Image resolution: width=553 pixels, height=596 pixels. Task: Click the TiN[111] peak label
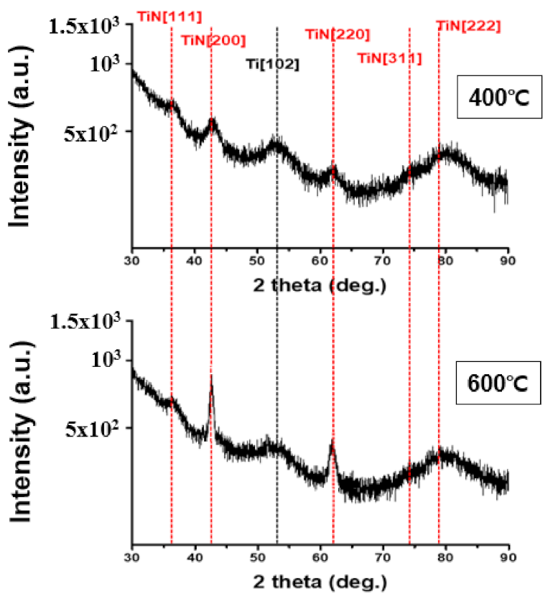169,15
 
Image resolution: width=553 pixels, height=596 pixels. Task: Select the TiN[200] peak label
213,39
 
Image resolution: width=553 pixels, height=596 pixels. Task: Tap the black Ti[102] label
272,64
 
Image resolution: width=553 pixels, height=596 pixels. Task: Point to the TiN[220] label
337,34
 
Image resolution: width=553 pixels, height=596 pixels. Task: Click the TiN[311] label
389,58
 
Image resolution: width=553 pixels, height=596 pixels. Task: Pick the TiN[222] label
468,27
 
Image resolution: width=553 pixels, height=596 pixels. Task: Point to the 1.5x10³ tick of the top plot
86,27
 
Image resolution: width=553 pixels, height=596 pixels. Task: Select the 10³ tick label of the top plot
108,64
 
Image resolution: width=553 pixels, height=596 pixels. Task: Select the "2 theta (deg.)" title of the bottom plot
320,580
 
